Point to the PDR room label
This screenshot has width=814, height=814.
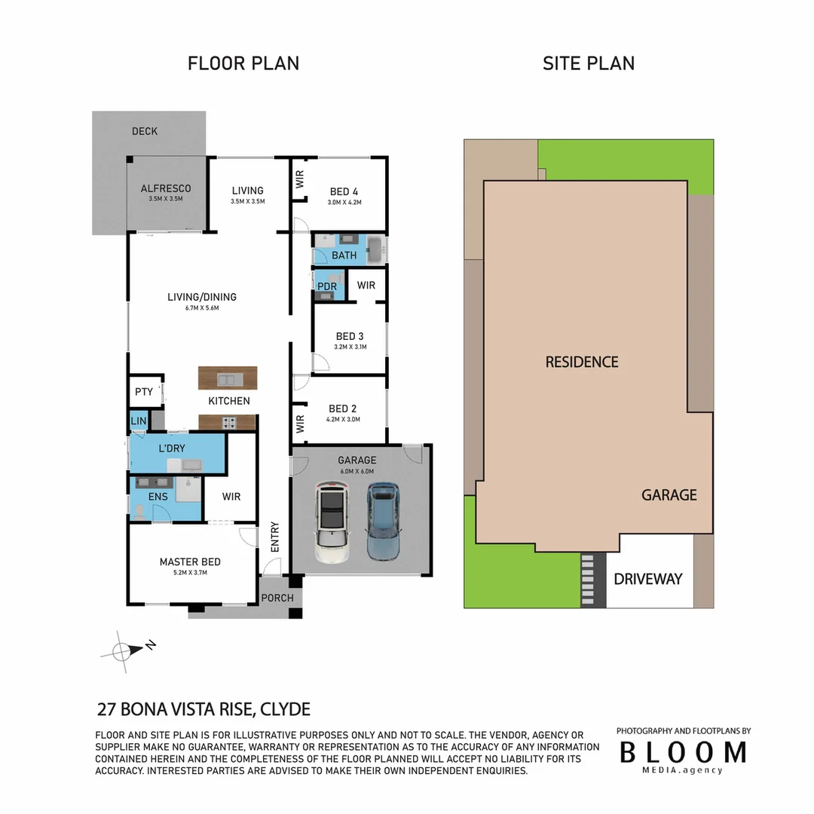[327, 286]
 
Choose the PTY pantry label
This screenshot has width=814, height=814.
[143, 392]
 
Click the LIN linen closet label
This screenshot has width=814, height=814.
[139, 421]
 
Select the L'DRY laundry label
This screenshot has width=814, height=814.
[172, 448]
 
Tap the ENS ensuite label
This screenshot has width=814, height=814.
[158, 497]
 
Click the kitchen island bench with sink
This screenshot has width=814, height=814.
[228, 378]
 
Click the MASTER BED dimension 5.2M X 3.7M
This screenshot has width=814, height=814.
[190, 573]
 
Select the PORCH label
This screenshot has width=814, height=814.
[277, 598]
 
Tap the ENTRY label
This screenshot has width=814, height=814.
[274, 537]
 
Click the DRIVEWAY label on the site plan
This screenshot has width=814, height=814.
[647, 579]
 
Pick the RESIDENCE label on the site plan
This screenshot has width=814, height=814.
[581, 362]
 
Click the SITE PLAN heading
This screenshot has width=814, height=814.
[588, 63]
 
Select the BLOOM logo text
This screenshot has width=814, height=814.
[683, 752]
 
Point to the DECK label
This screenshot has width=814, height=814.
[145, 131]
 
